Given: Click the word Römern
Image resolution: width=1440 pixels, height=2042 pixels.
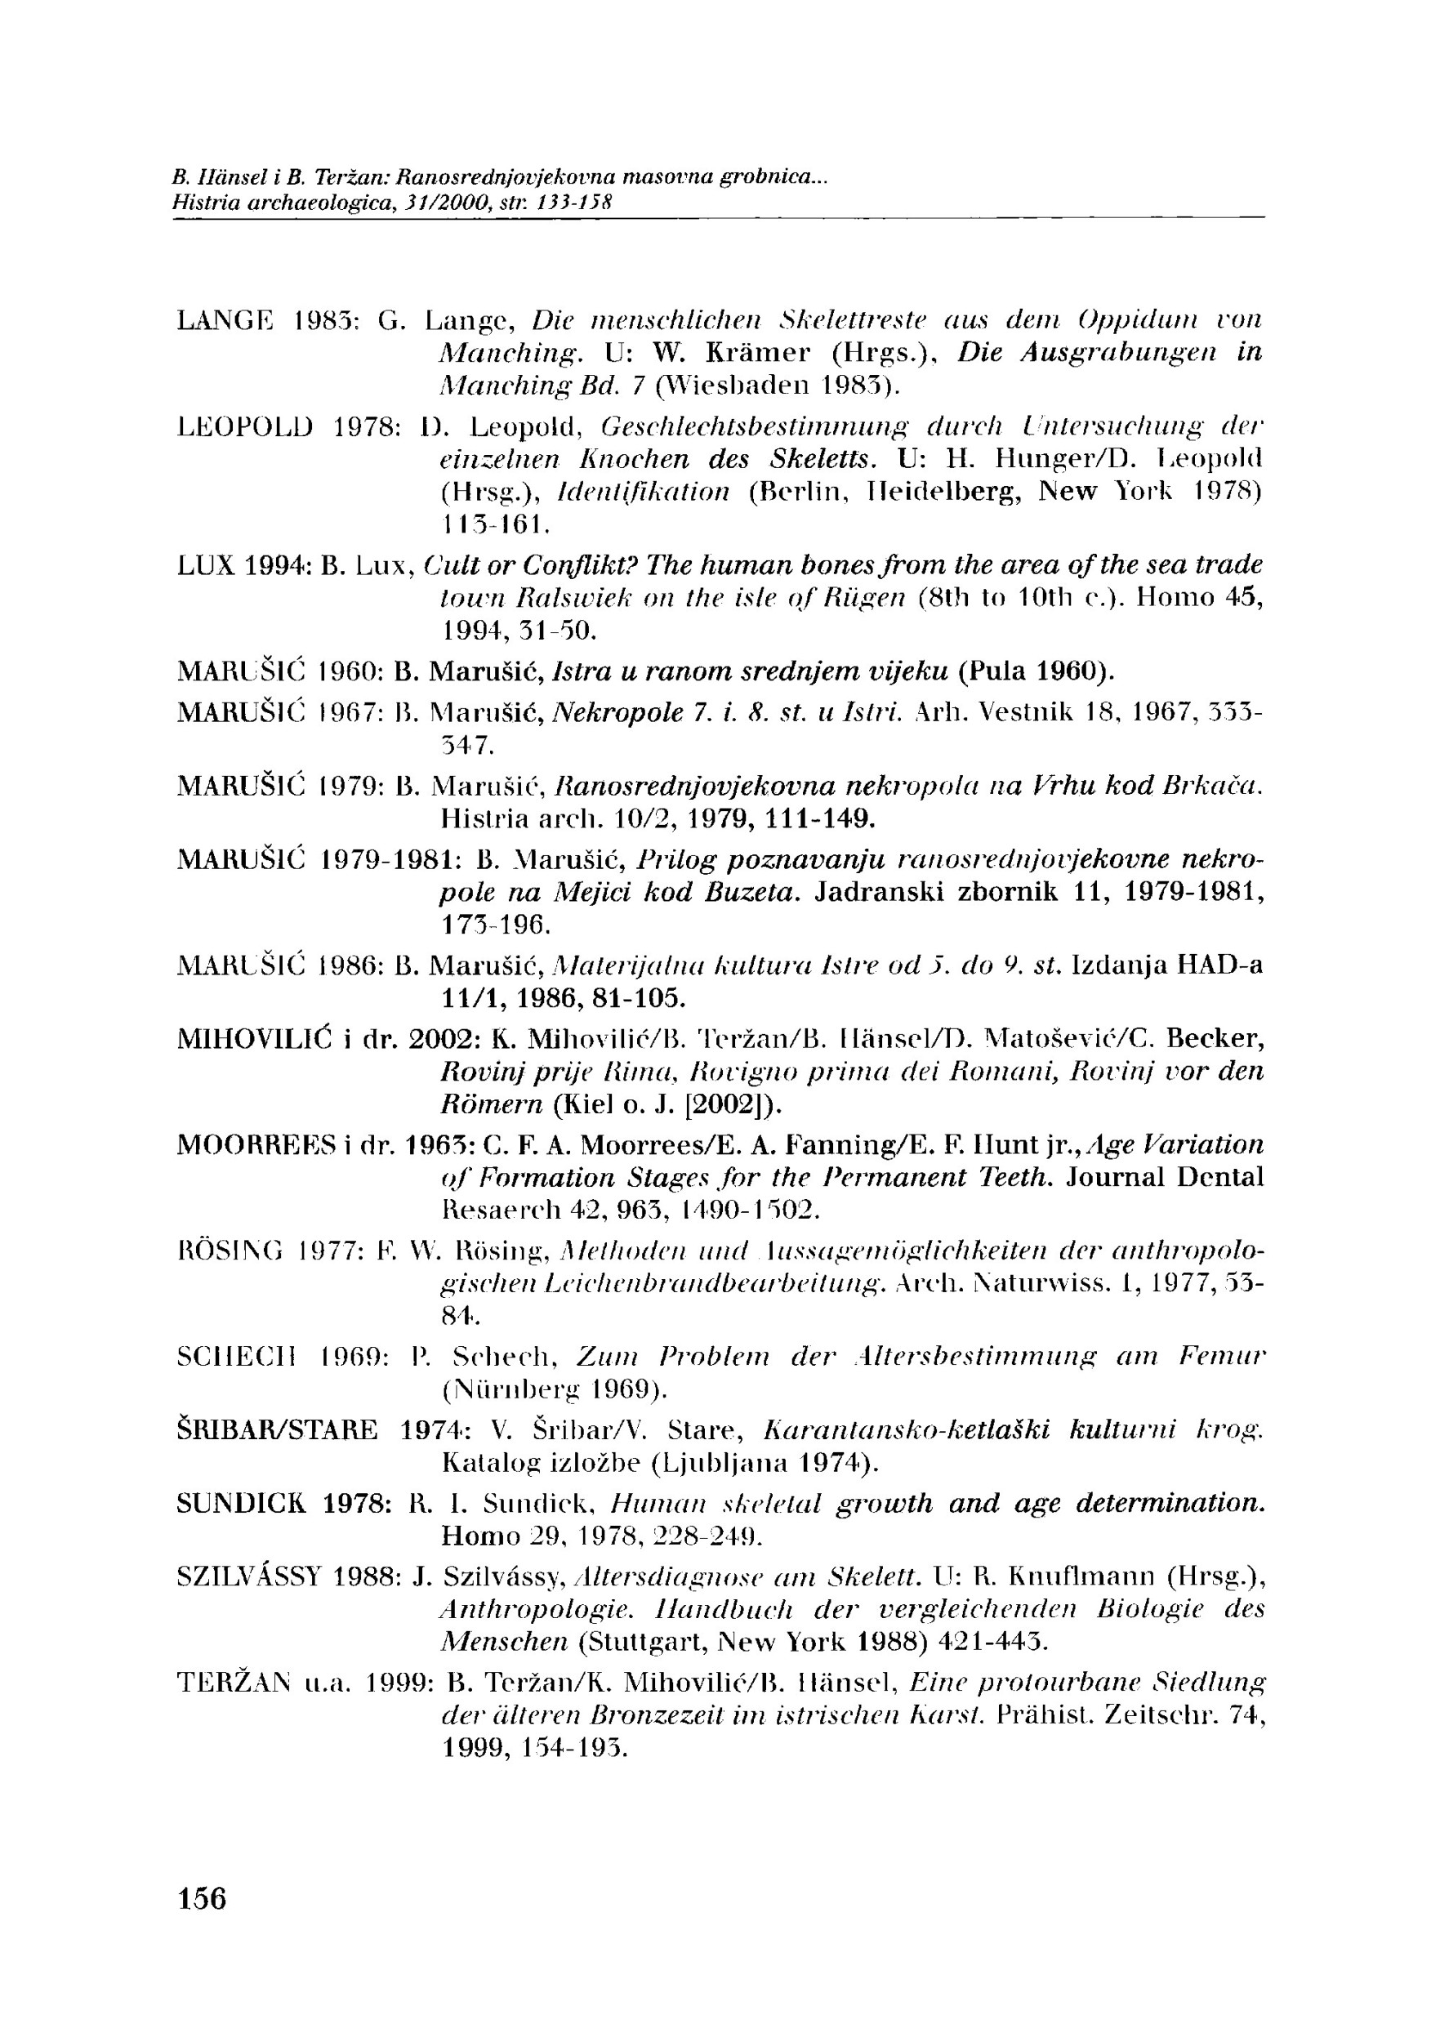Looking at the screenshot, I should point(491,1104).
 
